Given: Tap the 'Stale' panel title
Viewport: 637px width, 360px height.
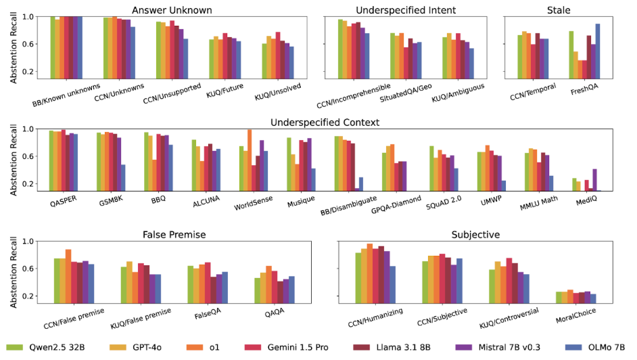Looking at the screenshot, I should point(558,10).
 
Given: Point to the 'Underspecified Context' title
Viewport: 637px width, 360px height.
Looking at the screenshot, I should point(324,122).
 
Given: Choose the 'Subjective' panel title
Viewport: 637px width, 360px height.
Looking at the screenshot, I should point(475,235).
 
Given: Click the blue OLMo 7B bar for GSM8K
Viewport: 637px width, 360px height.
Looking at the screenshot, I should point(122,177).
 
